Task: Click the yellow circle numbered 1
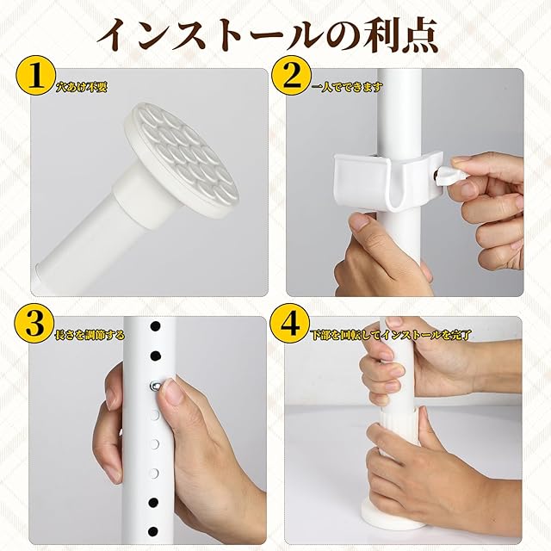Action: (35, 77)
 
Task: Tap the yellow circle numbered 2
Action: (293, 77)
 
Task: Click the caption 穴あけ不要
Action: (81, 87)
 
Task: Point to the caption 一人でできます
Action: (348, 86)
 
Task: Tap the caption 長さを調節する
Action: (90, 335)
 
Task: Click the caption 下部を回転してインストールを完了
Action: (391, 335)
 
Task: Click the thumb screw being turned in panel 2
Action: (450, 174)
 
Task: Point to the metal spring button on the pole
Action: (155, 386)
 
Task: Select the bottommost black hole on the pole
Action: (153, 531)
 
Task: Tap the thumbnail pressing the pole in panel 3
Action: (172, 393)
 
